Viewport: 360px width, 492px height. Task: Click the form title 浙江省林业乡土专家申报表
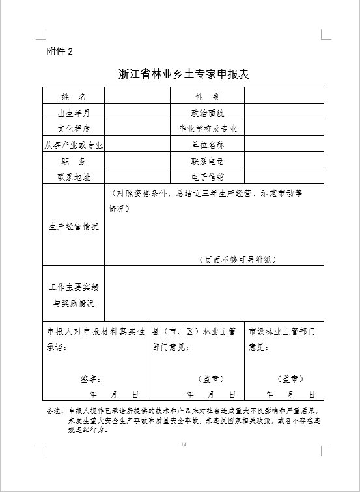click(184, 74)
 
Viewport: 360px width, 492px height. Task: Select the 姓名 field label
click(74, 96)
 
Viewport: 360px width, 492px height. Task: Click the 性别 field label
click(207, 96)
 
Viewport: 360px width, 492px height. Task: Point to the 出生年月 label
click(74, 113)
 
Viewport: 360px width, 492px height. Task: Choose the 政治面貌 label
click(207, 113)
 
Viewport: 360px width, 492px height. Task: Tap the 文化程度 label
click(74, 128)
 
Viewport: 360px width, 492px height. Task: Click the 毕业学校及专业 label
click(207, 128)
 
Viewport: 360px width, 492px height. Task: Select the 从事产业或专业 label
click(74, 145)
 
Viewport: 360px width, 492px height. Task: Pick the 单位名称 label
click(207, 145)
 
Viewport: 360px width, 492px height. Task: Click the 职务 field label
click(74, 160)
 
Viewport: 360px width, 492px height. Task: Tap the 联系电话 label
click(207, 160)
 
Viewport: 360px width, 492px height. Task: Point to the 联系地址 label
click(74, 177)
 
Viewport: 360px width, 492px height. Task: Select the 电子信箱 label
click(207, 177)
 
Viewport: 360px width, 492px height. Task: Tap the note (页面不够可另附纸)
click(238, 259)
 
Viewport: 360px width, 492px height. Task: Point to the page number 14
click(184, 444)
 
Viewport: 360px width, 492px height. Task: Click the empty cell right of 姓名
click(137, 96)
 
